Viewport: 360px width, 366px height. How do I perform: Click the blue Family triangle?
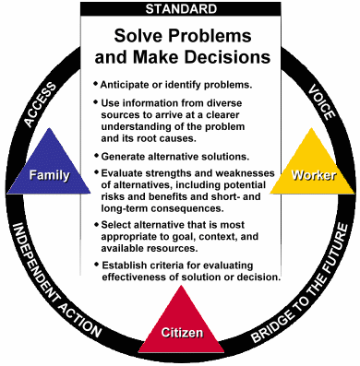(49, 168)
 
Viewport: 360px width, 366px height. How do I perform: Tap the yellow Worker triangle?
(312, 168)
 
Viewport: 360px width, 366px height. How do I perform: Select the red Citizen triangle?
(182, 325)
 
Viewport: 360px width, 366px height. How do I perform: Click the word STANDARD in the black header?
(181, 9)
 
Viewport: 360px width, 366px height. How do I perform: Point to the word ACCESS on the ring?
(41, 104)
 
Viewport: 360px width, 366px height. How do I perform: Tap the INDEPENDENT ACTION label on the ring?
(56, 280)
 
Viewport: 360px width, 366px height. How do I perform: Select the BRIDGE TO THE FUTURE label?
(300, 283)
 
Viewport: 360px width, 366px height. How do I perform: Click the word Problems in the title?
(210, 36)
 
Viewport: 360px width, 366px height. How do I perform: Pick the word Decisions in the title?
(228, 57)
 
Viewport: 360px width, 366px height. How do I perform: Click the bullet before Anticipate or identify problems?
(96, 84)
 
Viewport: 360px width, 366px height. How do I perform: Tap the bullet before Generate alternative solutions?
(97, 156)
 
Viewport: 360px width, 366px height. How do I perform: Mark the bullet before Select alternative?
(97, 224)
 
